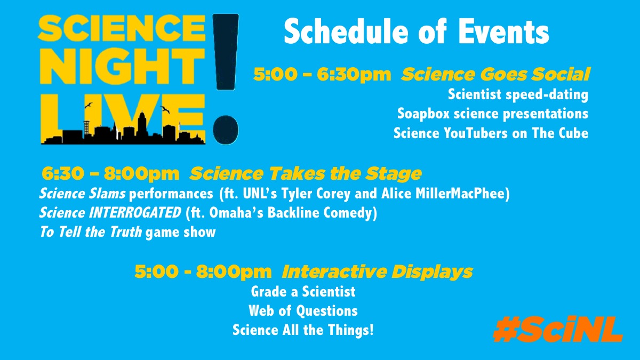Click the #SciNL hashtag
558,329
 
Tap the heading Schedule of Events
417,31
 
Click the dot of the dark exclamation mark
226,130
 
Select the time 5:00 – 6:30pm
322,74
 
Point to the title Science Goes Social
495,74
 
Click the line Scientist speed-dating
518,94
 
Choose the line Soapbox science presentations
493,114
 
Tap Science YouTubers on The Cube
491,133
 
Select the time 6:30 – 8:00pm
110,173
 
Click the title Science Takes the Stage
306,173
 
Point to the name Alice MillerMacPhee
445,194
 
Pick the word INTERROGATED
135,213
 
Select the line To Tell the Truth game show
127,232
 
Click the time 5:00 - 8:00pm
203,271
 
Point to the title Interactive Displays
377,271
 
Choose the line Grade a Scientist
303,292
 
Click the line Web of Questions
303,311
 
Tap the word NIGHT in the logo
122,66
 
